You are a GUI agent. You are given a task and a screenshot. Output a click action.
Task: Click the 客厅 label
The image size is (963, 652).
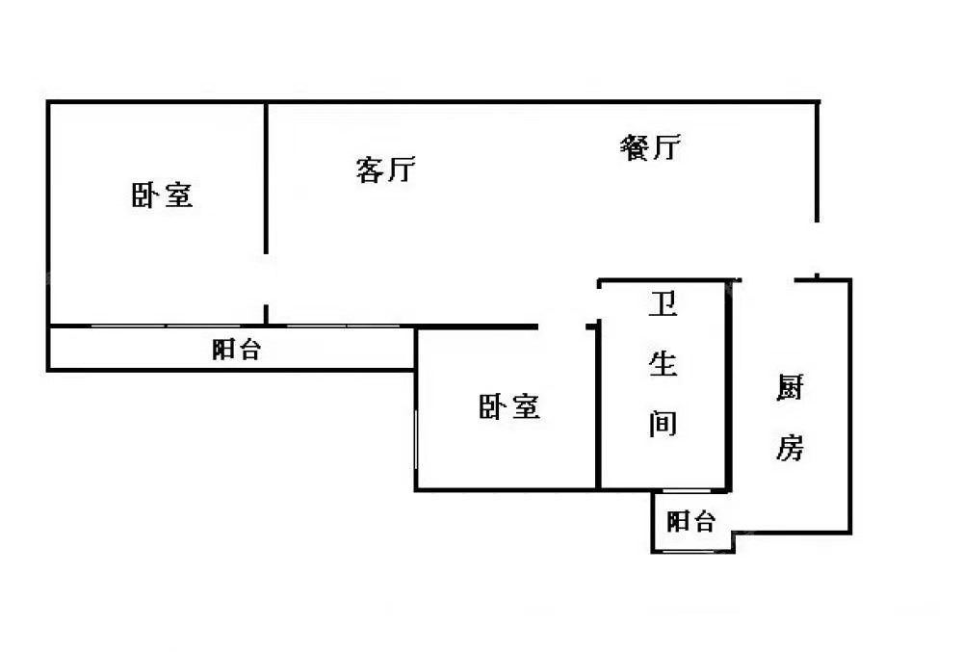point(385,170)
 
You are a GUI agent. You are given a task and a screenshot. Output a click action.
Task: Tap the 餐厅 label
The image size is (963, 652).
point(651,147)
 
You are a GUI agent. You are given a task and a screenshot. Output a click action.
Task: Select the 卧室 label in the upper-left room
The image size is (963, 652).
point(162,196)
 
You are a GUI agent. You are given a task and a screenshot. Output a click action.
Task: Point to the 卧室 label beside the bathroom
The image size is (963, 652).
point(509,407)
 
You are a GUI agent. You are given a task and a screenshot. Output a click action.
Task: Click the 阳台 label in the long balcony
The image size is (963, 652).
point(236,350)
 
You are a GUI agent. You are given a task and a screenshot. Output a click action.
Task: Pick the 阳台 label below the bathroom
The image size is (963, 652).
point(691,522)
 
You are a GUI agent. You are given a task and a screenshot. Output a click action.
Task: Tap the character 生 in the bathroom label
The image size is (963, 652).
point(663,364)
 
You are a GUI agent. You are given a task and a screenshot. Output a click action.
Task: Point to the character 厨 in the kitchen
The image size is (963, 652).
point(790,390)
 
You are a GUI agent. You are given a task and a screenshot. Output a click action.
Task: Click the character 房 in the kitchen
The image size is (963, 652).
point(790,447)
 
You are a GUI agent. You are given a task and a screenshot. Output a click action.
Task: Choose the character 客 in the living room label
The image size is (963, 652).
point(371,170)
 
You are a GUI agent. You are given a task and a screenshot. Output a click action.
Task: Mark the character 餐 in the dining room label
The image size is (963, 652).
point(636,147)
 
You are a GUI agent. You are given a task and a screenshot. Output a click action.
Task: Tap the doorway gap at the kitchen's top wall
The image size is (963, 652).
point(768,279)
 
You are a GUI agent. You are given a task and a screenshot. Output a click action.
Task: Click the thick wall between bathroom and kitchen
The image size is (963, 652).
point(729,385)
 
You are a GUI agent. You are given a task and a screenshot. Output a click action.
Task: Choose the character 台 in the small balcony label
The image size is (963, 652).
point(705,522)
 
